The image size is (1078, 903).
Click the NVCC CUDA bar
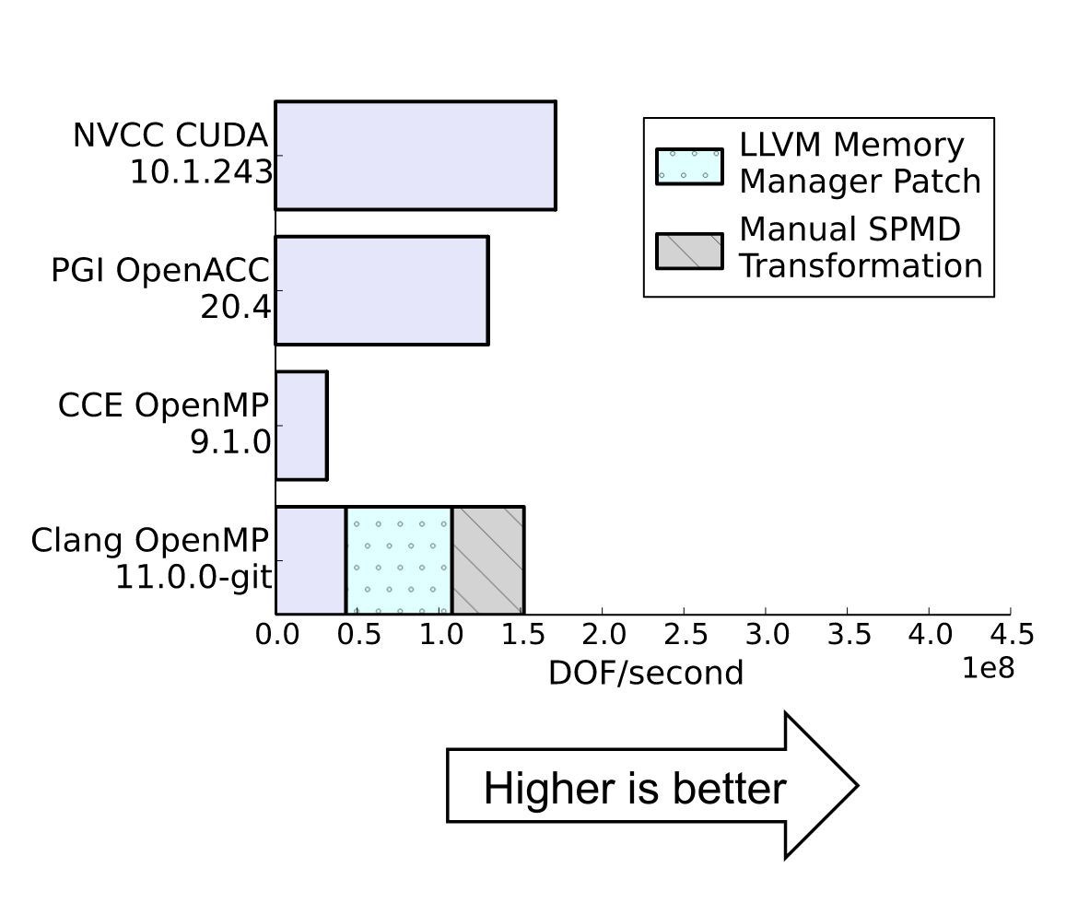pos(416,156)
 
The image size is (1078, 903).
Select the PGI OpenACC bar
pos(381,290)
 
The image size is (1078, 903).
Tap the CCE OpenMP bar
pos(301,426)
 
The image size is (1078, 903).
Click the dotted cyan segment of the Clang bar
pos(399,559)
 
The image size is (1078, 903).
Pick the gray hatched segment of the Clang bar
pos(487,559)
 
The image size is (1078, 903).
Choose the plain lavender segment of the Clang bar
pos(311,559)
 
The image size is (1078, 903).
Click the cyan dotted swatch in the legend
pos(689,166)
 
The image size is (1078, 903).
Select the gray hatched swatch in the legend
pos(689,251)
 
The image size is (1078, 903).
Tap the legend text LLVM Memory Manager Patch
pos(859,163)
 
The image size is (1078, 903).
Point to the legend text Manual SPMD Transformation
pos(860,247)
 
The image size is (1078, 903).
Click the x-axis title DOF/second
pos(645,674)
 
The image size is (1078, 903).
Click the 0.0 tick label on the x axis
pos(276,635)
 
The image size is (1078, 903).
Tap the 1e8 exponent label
pos(988,668)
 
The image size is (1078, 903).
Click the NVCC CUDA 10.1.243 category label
pos(172,154)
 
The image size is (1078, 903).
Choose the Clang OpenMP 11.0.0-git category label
pos(151,558)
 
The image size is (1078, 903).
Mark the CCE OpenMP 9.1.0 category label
pos(165,424)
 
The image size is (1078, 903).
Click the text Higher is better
pos(635,789)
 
